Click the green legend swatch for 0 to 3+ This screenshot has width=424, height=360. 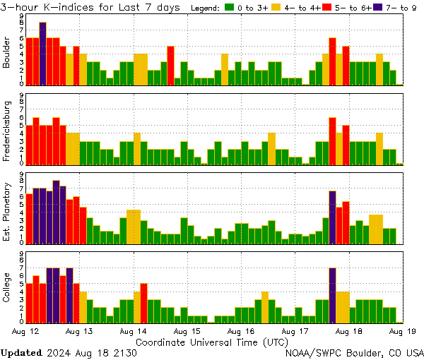tap(230, 8)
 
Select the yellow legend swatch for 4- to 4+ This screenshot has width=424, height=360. tap(276, 8)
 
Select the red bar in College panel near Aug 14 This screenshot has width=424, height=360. tap(143, 302)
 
